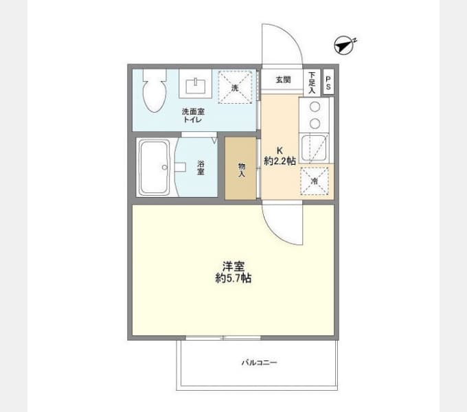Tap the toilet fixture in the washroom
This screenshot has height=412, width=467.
[x=155, y=91]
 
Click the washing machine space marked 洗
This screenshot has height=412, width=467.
[x=235, y=87]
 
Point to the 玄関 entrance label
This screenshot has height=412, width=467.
[x=283, y=80]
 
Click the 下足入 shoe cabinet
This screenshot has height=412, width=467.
[x=312, y=82]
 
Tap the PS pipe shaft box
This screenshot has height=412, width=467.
[x=328, y=82]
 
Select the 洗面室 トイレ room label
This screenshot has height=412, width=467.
[x=193, y=115]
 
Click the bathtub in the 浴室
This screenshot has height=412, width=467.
[x=155, y=167]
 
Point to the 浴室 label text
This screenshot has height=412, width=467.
[x=201, y=168]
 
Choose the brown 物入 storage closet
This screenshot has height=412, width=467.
[x=240, y=168]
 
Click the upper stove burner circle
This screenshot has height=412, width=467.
[x=315, y=107]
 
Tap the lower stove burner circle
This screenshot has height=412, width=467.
[x=315, y=123]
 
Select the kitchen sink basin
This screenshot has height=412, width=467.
[x=314, y=148]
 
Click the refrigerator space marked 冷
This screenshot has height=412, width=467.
[x=315, y=181]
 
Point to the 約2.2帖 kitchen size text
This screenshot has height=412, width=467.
[x=280, y=161]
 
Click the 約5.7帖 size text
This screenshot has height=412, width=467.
[x=233, y=278]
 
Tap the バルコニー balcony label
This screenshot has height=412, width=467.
[x=259, y=363]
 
